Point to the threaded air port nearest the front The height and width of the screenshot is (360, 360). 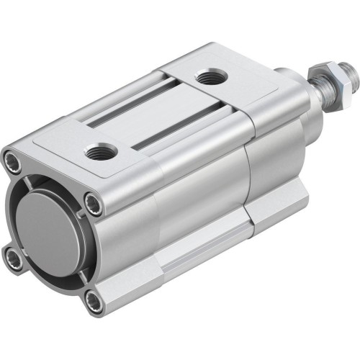(98, 151)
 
